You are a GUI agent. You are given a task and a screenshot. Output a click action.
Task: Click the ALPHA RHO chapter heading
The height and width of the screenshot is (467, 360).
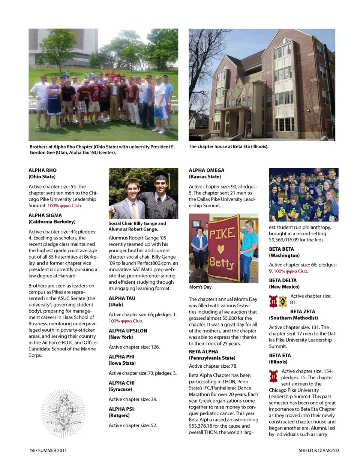tap(43, 170)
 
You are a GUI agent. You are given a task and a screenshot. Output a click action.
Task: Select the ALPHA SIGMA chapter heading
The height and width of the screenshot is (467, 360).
tap(45, 216)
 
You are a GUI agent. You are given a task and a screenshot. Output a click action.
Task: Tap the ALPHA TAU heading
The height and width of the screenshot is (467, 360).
tap(122, 298)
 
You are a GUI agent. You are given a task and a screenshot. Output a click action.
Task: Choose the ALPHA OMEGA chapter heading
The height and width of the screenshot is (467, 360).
tap(207, 170)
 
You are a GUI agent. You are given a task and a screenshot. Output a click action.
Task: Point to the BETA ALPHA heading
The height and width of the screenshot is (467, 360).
tap(204, 352)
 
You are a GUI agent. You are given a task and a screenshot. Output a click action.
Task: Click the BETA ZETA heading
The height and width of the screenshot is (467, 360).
tap(303, 311)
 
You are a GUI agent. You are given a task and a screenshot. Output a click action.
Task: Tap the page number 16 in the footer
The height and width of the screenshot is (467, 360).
tap(32, 451)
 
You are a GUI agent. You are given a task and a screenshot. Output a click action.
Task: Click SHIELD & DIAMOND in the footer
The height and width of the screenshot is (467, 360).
tap(319, 451)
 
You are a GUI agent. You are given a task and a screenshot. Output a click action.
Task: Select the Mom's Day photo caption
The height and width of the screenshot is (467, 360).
tap(200, 287)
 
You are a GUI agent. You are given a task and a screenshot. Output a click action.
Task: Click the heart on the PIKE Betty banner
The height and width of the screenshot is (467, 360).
tap(221, 249)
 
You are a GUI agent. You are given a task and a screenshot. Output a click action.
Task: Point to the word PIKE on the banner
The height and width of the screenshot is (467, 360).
tap(222, 234)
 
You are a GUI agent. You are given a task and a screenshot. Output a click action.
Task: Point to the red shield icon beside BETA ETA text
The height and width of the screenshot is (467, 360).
tap(273, 376)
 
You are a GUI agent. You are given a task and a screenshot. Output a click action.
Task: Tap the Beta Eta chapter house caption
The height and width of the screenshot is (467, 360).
tap(229, 147)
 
